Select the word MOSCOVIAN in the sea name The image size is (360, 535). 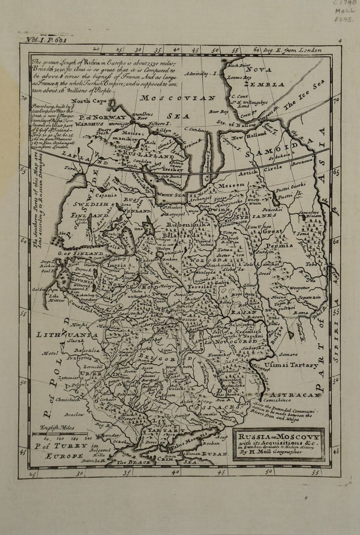pos(185,98)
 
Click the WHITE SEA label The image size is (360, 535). pos(171,194)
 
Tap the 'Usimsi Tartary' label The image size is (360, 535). pos(291,364)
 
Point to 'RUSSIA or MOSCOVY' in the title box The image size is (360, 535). pos(279,436)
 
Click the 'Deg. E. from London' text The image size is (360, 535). pos(292,50)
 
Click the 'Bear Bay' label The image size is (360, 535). pos(218,112)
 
